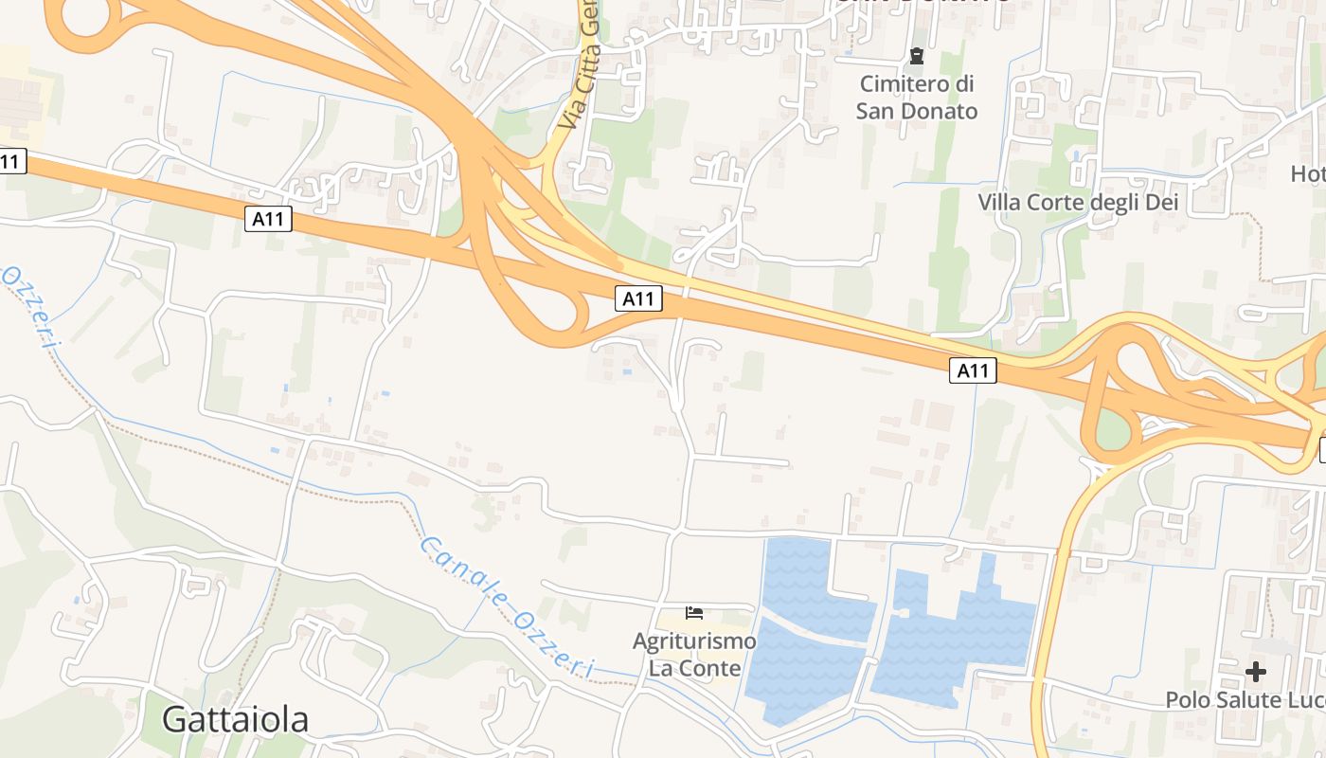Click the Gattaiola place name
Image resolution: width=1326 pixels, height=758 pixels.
click(235, 720)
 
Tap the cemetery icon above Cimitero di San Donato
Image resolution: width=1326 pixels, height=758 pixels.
click(916, 56)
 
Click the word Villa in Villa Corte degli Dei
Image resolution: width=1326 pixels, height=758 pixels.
click(1000, 202)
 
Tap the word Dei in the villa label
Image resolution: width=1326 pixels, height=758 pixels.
click(1161, 202)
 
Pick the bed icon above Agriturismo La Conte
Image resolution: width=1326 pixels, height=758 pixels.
click(694, 613)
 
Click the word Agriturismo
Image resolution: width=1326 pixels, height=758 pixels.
click(694, 641)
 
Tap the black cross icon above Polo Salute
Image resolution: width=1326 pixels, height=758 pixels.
click(1256, 672)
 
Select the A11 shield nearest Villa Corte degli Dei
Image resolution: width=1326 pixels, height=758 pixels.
click(973, 370)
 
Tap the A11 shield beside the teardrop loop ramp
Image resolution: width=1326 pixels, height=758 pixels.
click(637, 299)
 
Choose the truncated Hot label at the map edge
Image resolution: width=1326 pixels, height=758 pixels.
click(1308, 173)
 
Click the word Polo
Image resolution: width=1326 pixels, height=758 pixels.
click(1186, 700)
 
